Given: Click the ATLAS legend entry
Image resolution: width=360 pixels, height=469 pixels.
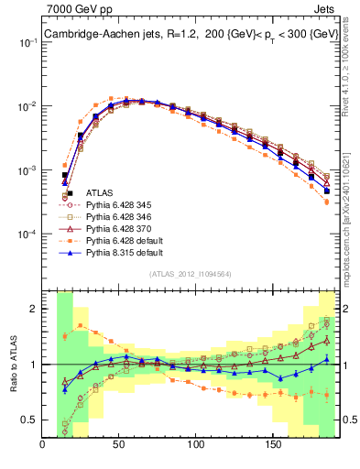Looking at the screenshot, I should coord(100,192).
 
